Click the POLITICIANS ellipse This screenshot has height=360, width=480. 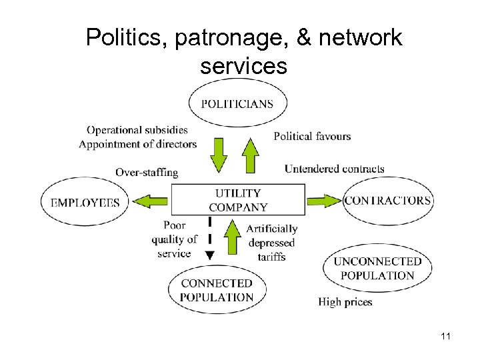237,103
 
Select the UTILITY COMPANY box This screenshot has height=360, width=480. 239,200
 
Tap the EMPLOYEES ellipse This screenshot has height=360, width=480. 85,202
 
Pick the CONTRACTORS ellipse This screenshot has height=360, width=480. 387,201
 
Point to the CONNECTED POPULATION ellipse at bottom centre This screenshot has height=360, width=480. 217,291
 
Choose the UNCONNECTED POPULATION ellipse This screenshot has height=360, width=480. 377,269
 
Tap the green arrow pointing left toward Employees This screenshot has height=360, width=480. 149,201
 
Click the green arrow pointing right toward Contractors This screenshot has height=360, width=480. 324,200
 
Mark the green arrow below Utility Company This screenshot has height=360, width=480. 232,237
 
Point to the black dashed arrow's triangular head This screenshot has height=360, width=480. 209,255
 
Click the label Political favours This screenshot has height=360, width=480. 312,136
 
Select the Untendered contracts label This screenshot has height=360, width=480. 334,169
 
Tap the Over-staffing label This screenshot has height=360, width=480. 147,172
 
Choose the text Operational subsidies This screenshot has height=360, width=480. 137,130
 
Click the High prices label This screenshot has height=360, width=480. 345,302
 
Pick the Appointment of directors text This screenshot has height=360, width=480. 137,144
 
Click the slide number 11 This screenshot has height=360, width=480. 446,337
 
